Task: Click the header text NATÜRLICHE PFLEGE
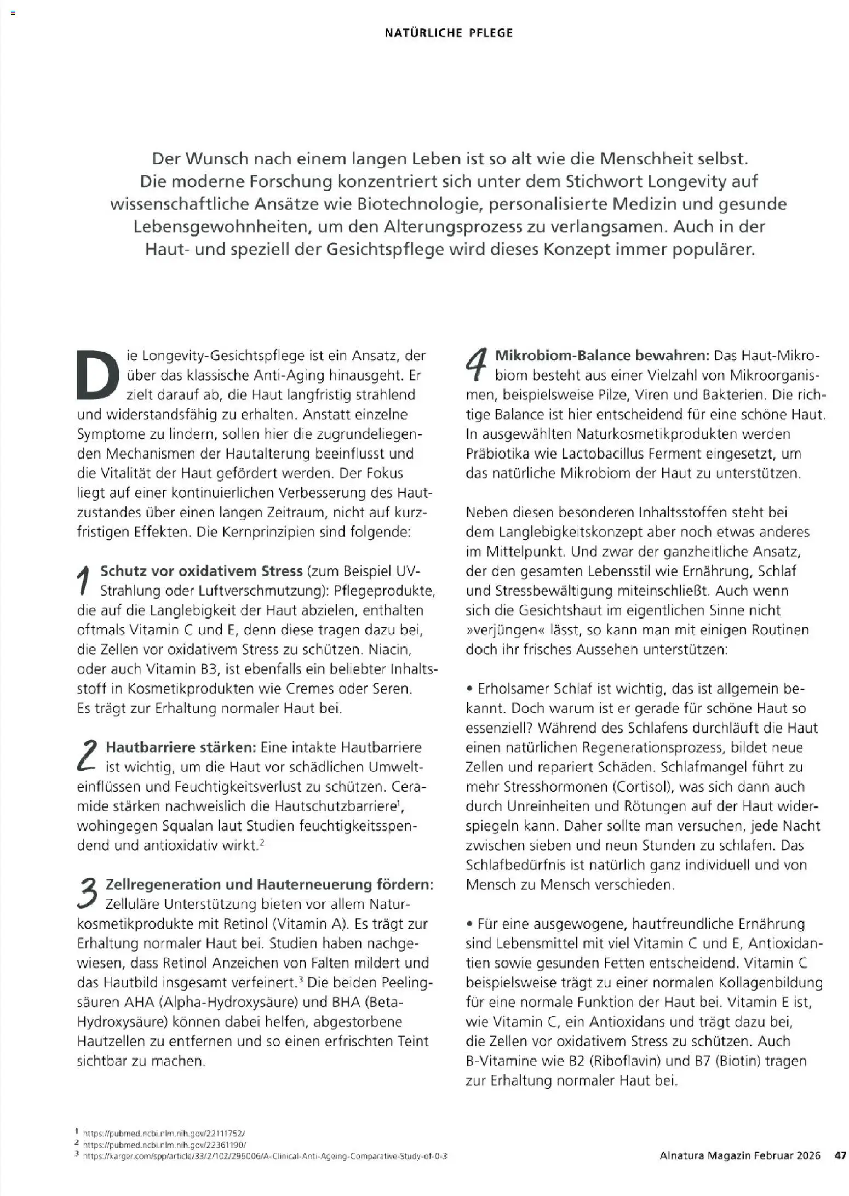pyautogui.click(x=449, y=33)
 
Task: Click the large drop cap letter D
pyautogui.click(x=99, y=374)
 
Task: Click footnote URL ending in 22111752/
pyautogui.click(x=164, y=1133)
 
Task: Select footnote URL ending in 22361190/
pyautogui.click(x=164, y=1145)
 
